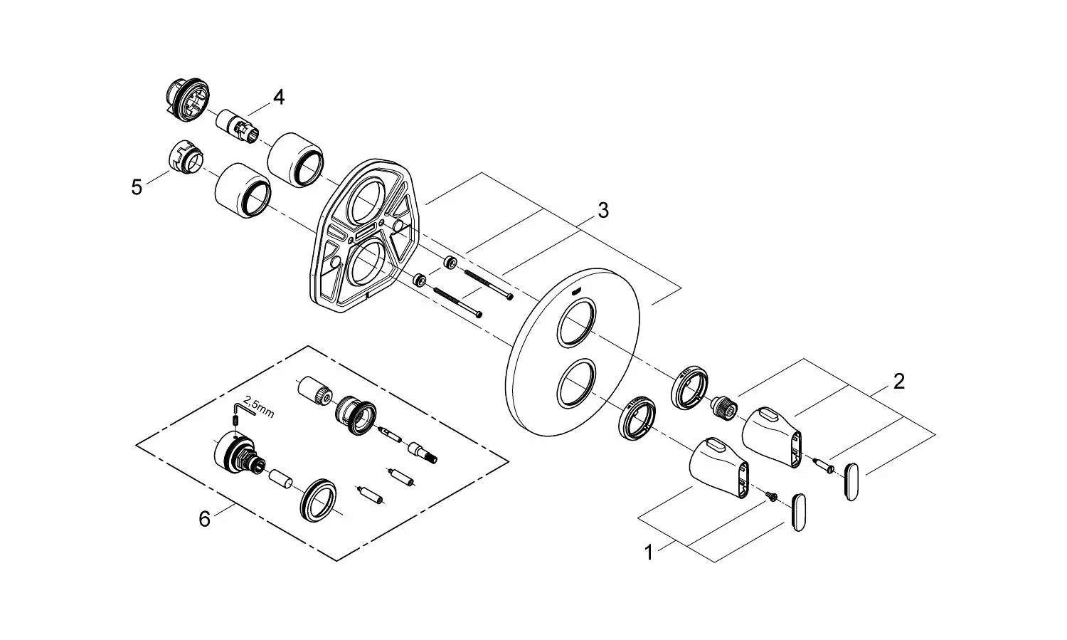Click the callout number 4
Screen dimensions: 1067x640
pyautogui.click(x=279, y=98)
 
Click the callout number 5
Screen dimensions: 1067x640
pyautogui.click(x=137, y=187)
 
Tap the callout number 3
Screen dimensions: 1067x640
pyautogui.click(x=603, y=210)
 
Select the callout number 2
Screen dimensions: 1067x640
pyautogui.click(x=899, y=382)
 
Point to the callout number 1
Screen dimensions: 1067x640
pyautogui.click(x=648, y=553)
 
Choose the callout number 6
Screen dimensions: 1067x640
pyautogui.click(x=204, y=519)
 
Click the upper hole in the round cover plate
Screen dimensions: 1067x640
pyautogui.click(x=577, y=322)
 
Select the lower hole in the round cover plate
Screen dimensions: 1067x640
pyautogui.click(x=576, y=384)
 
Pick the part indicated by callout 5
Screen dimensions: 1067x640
pyautogui.click(x=186, y=158)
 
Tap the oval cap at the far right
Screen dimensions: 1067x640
pyautogui.click(x=852, y=481)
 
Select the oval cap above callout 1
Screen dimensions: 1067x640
pyautogui.click(x=798, y=513)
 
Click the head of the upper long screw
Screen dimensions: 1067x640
pyautogui.click(x=510, y=297)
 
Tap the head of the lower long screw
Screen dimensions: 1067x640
pyautogui.click(x=479, y=314)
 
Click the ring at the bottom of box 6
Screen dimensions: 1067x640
pyautogui.click(x=319, y=500)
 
